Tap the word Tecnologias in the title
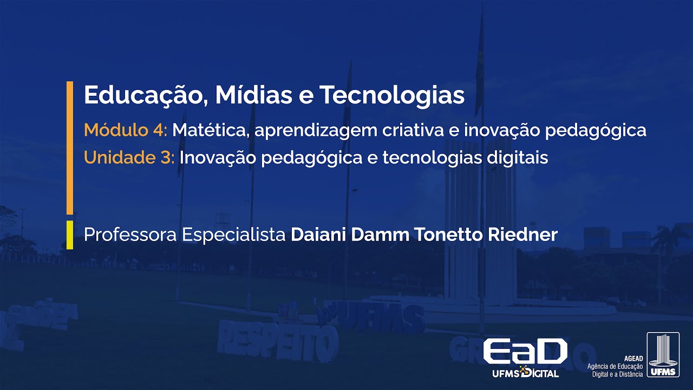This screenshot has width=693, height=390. (391, 96)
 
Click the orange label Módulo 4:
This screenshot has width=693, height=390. (126, 130)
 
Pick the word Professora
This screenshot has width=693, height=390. (130, 235)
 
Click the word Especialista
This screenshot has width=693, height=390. (233, 235)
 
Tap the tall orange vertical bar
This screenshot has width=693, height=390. (70, 147)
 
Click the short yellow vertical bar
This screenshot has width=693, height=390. (70, 235)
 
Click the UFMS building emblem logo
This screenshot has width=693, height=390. (663, 355)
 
